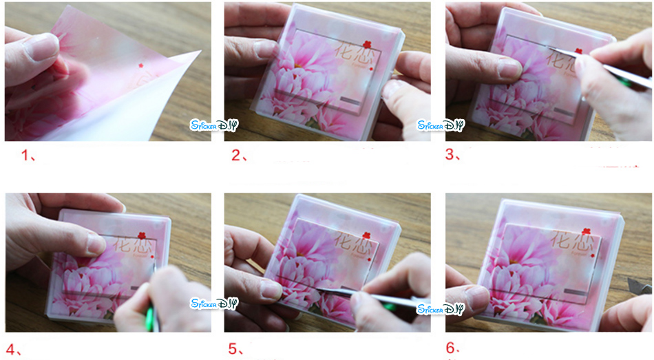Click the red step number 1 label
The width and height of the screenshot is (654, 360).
pyautogui.click(x=28, y=156)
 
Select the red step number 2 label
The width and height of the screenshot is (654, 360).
pyautogui.click(x=238, y=156)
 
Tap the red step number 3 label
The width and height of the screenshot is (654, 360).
pyautogui.click(x=453, y=155)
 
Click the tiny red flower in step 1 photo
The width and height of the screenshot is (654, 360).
pyautogui.click(x=141, y=66)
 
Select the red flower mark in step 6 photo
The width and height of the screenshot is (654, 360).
pyautogui.click(x=586, y=232)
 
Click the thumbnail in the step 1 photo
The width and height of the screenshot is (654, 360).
pyautogui.click(x=41, y=47)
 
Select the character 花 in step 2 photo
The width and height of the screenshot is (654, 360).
pyautogui.click(x=344, y=52)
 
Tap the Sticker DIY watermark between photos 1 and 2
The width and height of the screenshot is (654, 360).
pyautogui.click(x=213, y=125)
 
